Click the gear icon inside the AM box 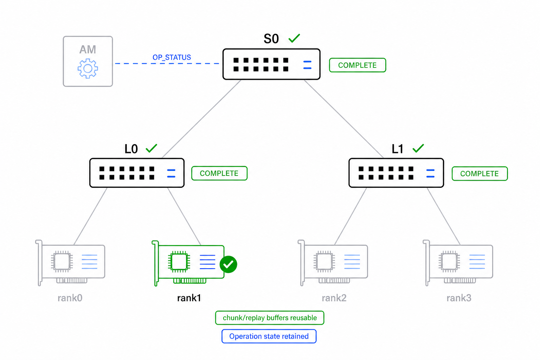click(88, 69)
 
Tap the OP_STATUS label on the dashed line click(172, 57)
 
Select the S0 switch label click(271, 39)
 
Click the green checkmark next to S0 click(294, 38)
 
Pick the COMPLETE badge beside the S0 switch click(358, 65)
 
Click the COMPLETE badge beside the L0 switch click(219, 173)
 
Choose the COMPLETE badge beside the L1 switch click(480, 174)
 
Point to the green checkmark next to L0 click(152, 148)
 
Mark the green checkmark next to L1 click(418, 148)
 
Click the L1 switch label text click(398, 149)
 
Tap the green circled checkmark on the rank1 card click(228, 264)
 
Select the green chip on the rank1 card click(179, 262)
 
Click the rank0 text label click(70, 298)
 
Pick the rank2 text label click(334, 298)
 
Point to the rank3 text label click(459, 298)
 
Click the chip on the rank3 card click(449, 262)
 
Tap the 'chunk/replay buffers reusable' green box click(270, 318)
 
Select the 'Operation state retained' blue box click(269, 336)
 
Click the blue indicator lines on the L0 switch click(171, 173)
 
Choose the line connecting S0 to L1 click(344, 118)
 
